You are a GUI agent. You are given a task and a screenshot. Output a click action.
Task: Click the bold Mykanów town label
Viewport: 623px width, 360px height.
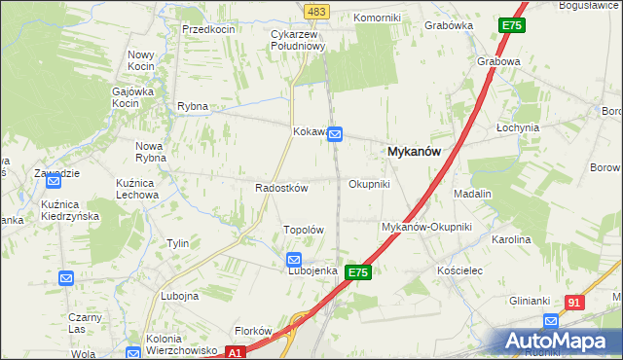415,152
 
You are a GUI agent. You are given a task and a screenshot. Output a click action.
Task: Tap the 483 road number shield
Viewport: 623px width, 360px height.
317,11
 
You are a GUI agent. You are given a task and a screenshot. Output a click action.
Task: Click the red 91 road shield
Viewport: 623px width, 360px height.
574,303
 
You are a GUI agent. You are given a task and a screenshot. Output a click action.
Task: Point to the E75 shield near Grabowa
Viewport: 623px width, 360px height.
512,25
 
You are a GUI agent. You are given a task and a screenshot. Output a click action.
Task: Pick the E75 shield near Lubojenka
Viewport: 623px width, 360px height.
357,273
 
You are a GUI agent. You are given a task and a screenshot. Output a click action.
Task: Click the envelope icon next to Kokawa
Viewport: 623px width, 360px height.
335,134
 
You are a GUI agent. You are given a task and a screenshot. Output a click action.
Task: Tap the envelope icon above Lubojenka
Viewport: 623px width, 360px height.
294,260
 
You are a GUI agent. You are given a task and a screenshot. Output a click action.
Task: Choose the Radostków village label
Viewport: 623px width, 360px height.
281,188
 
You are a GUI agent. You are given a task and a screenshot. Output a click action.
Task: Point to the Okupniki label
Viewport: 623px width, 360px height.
369,183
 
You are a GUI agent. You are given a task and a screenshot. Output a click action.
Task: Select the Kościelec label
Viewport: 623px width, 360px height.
460,270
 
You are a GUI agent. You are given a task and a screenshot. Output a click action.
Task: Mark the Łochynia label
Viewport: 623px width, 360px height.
517,127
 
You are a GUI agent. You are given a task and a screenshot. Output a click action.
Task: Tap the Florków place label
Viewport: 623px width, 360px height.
252,331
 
